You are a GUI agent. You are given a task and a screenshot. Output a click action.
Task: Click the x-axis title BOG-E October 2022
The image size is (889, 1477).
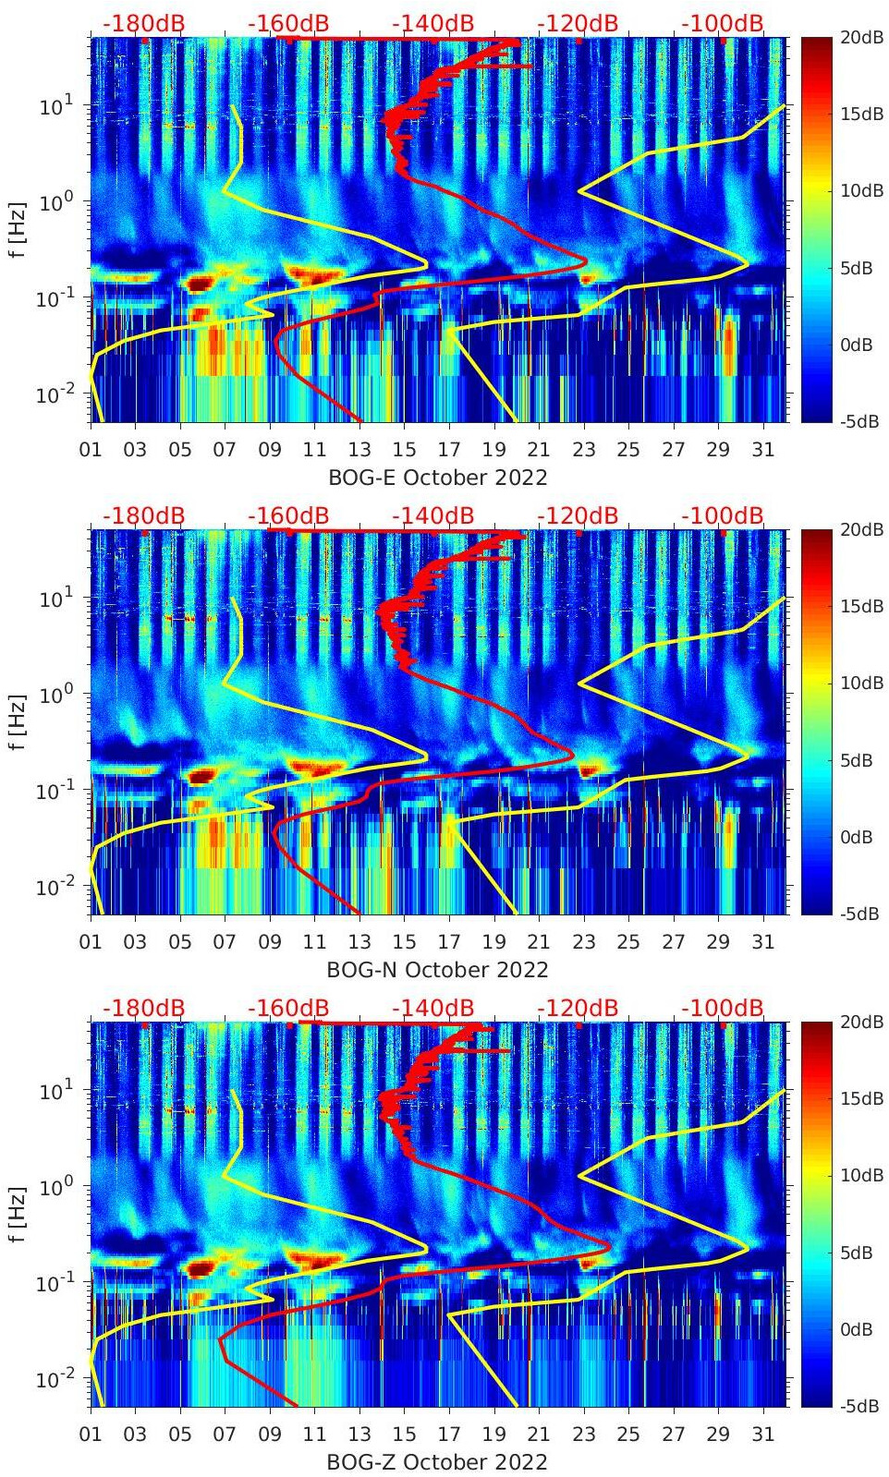437,478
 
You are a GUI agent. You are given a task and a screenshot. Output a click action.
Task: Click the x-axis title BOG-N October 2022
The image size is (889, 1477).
437,970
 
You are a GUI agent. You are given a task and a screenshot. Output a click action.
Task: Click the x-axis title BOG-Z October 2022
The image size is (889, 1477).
437,1462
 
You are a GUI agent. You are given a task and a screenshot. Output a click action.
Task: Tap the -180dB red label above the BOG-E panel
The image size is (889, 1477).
143,23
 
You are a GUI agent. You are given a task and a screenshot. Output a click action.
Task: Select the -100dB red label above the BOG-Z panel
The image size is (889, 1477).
723,1008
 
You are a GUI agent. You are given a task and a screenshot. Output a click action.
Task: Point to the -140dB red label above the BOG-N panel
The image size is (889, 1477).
432,515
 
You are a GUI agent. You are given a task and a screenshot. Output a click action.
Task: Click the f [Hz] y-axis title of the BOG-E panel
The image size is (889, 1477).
18,229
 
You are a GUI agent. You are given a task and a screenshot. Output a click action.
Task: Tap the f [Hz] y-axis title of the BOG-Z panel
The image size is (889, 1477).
18,1214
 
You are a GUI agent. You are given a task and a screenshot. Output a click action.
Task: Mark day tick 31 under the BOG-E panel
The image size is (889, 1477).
762,450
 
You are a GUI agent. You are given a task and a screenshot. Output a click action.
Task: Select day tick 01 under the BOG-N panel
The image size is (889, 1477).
91,942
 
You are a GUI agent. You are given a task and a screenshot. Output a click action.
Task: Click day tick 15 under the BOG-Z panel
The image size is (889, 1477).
404,1435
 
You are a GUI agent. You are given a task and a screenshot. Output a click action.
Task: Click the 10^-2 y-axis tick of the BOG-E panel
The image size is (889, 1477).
56,394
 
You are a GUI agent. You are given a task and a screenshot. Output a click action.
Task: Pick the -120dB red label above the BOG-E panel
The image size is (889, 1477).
578,23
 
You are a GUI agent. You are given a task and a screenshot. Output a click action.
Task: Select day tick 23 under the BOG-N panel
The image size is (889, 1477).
583,942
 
